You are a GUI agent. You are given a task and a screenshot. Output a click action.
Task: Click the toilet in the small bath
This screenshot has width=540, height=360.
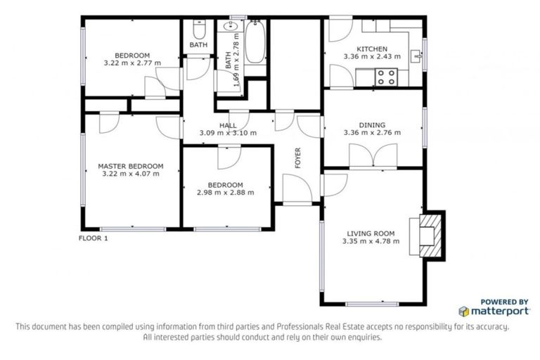point(199,31)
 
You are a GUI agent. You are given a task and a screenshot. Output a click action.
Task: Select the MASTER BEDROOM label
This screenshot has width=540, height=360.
point(131,166)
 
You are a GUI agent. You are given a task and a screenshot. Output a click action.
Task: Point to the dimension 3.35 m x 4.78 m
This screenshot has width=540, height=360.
point(371,241)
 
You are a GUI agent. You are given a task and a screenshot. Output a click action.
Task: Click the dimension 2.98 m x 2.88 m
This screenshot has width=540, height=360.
point(225,192)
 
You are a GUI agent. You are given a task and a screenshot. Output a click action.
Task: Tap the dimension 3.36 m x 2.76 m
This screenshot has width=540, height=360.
point(371,131)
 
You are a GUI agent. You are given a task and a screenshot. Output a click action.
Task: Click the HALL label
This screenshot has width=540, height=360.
point(228,125)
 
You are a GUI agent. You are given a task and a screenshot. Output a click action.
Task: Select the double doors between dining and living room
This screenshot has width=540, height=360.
point(370,155)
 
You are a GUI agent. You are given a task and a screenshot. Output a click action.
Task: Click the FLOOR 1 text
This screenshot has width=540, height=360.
point(93,238)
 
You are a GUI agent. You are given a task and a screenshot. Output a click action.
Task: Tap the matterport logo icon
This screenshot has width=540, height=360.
point(463,310)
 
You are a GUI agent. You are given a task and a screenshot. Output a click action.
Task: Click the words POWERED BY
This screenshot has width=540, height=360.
point(504,300)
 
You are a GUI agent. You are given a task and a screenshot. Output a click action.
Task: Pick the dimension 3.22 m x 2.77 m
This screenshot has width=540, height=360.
point(132,63)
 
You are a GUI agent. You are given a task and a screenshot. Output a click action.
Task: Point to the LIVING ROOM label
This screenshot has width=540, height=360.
point(371,233)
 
